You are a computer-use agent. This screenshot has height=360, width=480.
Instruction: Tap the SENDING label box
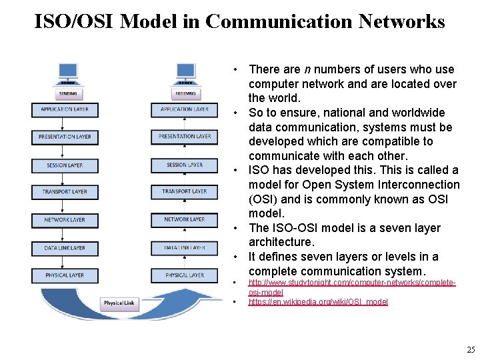pyautogui.click(x=67, y=94)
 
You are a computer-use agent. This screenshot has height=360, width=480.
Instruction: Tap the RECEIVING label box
pyautogui.click(x=185, y=94)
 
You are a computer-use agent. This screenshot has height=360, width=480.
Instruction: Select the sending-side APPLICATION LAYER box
pyautogui.click(x=65, y=109)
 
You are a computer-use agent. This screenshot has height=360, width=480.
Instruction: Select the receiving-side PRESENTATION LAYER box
pyautogui.click(x=185, y=137)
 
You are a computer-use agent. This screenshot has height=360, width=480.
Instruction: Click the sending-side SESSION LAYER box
pyautogui.click(x=65, y=165)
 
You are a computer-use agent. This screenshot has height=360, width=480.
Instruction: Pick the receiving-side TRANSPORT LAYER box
pyautogui.click(x=185, y=192)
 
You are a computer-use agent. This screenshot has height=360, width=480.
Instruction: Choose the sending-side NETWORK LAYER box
pyautogui.click(x=65, y=219)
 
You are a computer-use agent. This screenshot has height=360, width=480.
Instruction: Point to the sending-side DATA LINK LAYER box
pyautogui.click(x=65, y=247)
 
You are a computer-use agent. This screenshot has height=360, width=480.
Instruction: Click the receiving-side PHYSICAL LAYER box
pyautogui.click(x=185, y=275)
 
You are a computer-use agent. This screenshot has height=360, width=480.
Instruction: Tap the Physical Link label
pyautogui.click(x=119, y=303)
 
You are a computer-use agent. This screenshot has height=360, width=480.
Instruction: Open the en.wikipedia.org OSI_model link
pyautogui.click(x=318, y=302)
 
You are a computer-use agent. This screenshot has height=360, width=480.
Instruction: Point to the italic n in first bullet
pyautogui.click(x=307, y=69)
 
